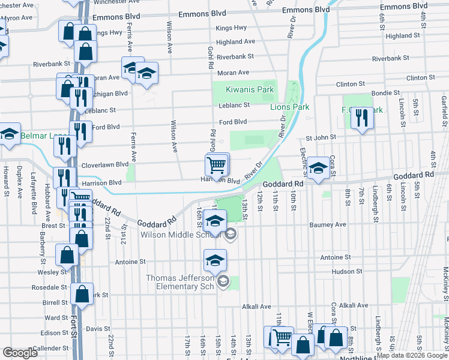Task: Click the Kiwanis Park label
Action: pos(250,89)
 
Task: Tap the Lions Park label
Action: pos(289,107)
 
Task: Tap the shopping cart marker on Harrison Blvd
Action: pos(216,164)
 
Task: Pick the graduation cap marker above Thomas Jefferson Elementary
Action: pos(214,260)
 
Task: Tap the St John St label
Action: pos(321,137)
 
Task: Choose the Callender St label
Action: pos(50,348)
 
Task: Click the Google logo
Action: pos(20,353)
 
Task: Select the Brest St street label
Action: pos(53,226)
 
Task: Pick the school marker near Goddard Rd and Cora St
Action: pos(318,167)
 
